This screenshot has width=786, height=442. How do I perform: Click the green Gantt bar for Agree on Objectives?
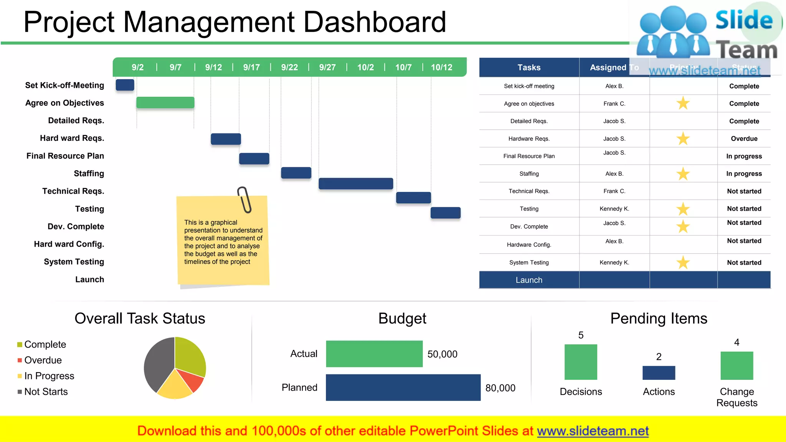165,102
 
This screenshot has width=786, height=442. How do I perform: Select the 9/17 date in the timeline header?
251,68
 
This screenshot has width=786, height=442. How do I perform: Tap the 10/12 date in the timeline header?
441,68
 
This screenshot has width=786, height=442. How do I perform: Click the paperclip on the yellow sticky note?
244,200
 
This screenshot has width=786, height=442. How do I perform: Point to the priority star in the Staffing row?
683,174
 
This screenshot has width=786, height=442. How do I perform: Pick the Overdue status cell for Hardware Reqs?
744,139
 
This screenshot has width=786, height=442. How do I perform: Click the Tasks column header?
529,68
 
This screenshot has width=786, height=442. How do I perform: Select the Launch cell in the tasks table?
529,280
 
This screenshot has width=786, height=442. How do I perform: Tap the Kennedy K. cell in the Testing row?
614,209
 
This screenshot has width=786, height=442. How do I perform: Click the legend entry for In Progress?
49,376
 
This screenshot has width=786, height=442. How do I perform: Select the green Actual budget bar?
374,354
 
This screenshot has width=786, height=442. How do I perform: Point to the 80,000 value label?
500,388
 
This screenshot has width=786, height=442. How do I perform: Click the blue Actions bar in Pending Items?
659,373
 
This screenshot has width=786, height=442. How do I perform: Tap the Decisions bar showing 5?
581,362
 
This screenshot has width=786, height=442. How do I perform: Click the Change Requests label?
736,397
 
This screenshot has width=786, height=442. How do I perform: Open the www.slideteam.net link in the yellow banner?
593,431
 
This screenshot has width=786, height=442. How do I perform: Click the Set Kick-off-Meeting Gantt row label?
64,85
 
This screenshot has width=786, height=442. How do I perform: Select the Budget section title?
402,318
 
